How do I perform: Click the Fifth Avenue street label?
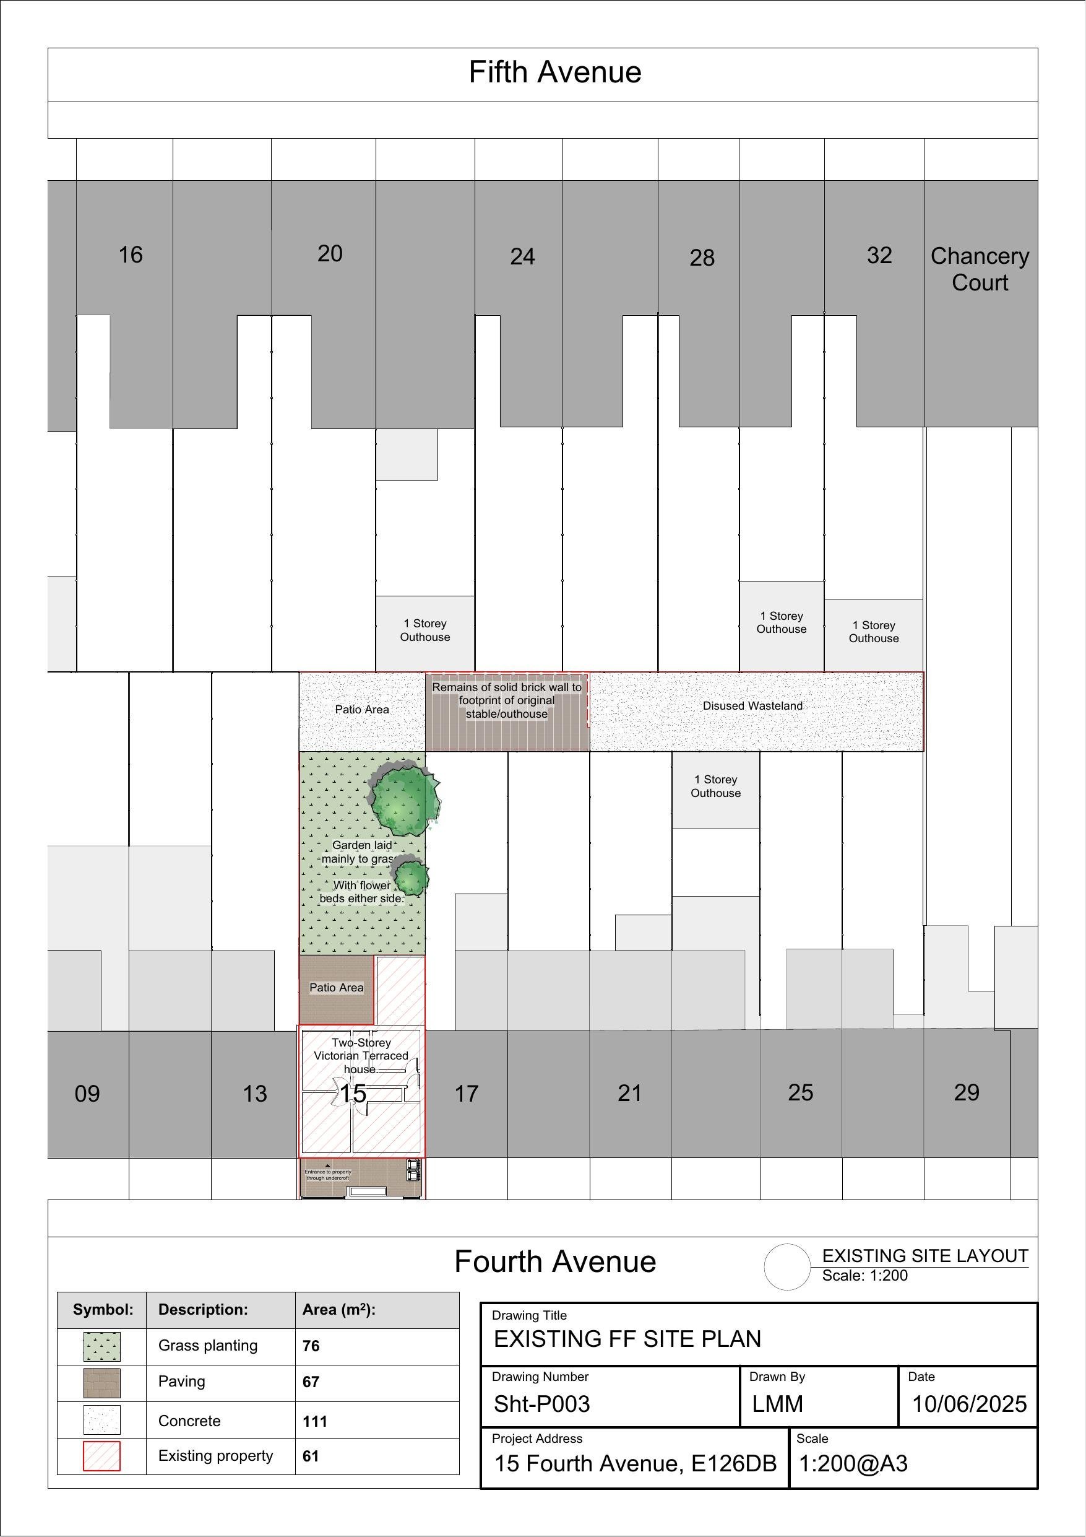click(554, 72)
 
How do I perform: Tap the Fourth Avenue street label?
click(554, 1262)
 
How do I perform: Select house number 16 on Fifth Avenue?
click(131, 255)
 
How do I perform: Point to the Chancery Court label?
click(980, 269)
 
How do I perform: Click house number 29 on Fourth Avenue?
click(966, 1092)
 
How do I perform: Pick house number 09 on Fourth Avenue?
click(87, 1094)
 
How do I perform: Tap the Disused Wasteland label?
click(752, 705)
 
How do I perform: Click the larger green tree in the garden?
click(404, 799)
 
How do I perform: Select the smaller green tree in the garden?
click(410, 876)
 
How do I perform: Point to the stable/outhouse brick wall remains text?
click(507, 700)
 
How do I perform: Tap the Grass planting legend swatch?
click(101, 1346)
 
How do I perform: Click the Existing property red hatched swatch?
click(101, 1456)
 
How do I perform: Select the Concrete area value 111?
click(314, 1421)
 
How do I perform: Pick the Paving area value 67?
click(311, 1382)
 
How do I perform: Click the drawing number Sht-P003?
click(541, 1404)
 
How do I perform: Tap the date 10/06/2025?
click(969, 1404)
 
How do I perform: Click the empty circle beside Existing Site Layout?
click(787, 1266)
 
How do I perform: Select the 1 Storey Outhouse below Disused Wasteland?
click(715, 786)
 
